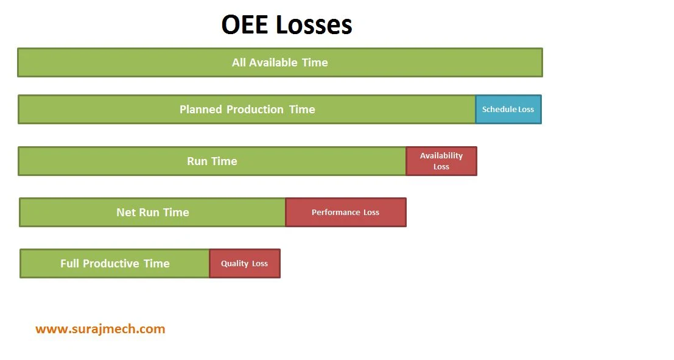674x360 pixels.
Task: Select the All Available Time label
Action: pyautogui.click(x=279, y=62)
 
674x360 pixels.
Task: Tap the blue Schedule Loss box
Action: pyautogui.click(x=508, y=110)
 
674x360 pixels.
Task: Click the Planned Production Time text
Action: pyautogui.click(x=247, y=110)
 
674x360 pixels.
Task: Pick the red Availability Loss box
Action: pyautogui.click(x=441, y=161)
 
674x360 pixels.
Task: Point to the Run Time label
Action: pyautogui.click(x=212, y=161)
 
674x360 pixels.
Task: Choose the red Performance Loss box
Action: pyautogui.click(x=345, y=213)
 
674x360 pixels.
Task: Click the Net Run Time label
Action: pyautogui.click(x=153, y=213)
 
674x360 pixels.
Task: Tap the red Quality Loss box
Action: pyautogui.click(x=245, y=264)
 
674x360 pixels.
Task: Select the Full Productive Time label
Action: pyautogui.click(x=115, y=264)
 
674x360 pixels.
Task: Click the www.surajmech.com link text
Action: pyautogui.click(x=100, y=329)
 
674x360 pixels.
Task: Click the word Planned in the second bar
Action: pyautogui.click(x=201, y=110)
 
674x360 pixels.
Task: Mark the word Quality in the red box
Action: pyautogui.click(x=234, y=264)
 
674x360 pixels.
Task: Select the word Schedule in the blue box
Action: pyautogui.click(x=499, y=110)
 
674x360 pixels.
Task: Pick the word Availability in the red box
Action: pyautogui.click(x=441, y=156)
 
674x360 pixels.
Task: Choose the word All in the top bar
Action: pyautogui.click(x=239, y=62)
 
